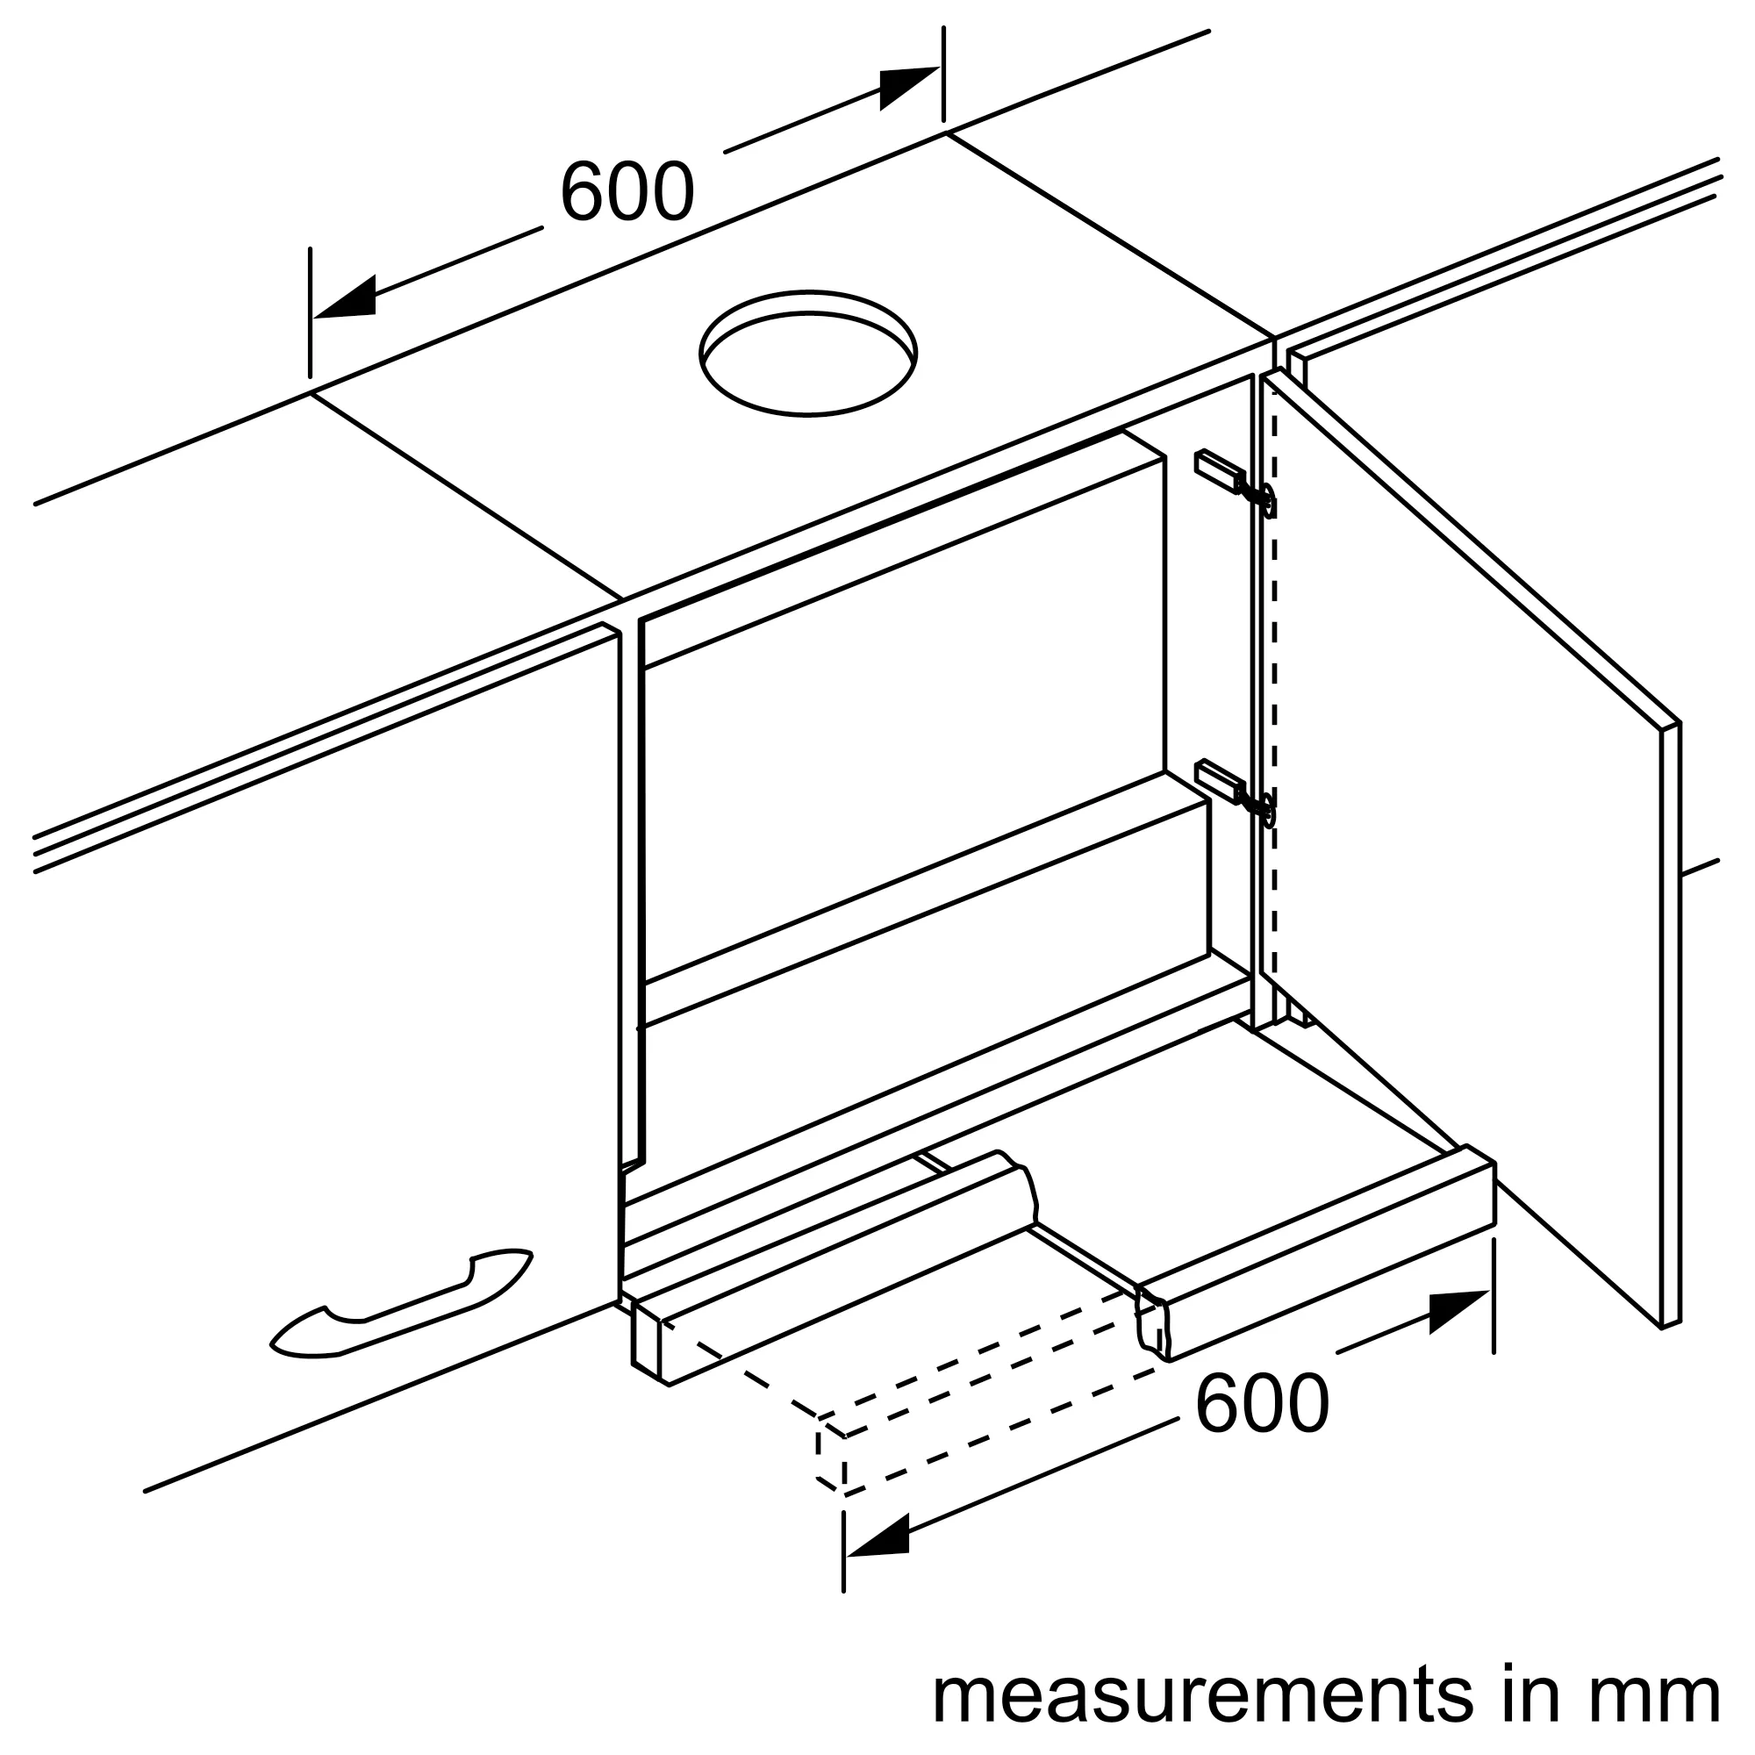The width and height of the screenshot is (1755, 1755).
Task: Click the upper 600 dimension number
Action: tap(627, 191)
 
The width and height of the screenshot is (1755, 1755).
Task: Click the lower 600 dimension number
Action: tap(1262, 1403)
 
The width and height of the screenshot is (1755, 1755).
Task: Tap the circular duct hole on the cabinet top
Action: tap(807, 354)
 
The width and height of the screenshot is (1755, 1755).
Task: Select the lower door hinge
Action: tap(1236, 792)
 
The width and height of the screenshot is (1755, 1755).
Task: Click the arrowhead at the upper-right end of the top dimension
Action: tap(908, 87)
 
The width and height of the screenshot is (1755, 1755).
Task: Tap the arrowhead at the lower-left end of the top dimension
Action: tap(345, 297)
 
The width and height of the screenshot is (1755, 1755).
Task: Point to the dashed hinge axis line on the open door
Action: tap(1275, 699)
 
